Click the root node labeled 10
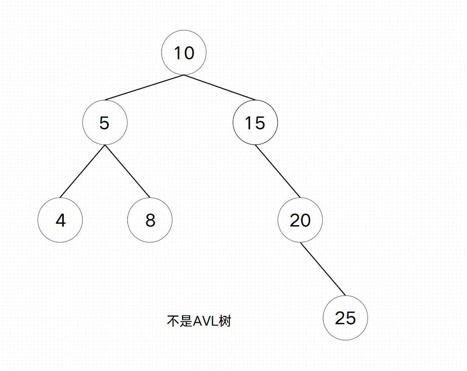[x=184, y=52]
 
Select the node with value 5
[x=105, y=123]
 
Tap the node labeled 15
[x=255, y=123]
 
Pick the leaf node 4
[x=60, y=220]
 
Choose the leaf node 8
[x=150, y=220]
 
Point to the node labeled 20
[x=300, y=220]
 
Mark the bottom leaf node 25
[x=345, y=318]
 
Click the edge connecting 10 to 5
[x=144, y=87]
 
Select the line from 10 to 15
[x=219, y=87]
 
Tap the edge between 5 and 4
[x=83, y=171]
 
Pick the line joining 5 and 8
[x=127, y=171]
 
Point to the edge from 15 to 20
[x=278, y=171]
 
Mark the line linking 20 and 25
[x=323, y=269]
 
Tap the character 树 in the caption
[x=225, y=321]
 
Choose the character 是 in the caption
[x=186, y=321]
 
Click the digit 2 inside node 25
[x=340, y=318]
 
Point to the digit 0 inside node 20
[x=305, y=220]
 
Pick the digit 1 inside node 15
[x=248, y=123]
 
